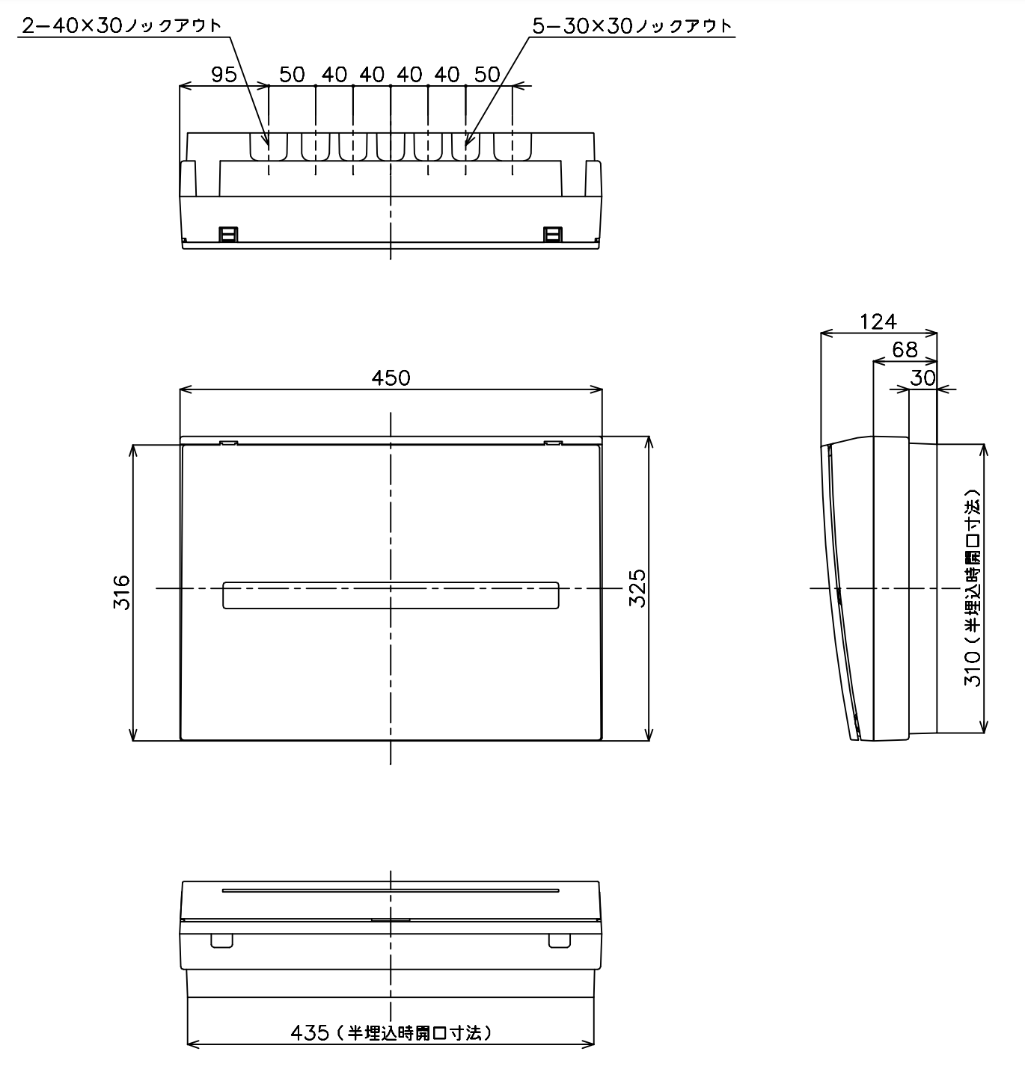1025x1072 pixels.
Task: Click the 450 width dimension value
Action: coord(391,378)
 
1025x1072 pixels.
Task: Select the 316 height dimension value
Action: coord(121,592)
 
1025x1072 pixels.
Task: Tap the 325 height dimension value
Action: coord(637,588)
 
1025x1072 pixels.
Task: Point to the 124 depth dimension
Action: coord(878,321)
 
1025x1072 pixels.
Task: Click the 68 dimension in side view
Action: coord(905,350)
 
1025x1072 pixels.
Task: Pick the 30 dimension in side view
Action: coord(923,378)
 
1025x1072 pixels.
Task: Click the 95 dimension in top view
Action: coord(224,75)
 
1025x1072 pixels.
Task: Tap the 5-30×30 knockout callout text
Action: coord(632,25)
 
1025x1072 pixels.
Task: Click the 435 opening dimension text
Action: coord(391,1032)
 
